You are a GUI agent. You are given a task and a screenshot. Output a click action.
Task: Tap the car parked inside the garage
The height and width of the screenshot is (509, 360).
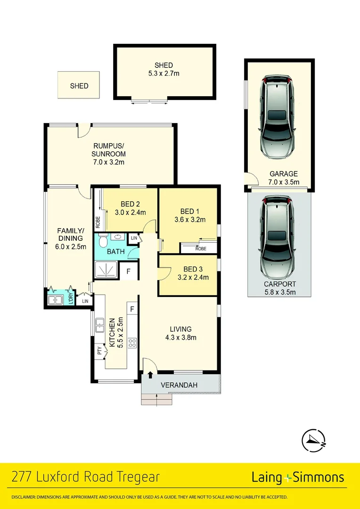tap(278, 118)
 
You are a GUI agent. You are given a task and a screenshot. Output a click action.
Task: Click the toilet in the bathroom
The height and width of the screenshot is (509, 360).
tap(102, 239)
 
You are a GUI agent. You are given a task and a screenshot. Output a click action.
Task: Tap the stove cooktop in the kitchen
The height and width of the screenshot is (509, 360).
tap(132, 343)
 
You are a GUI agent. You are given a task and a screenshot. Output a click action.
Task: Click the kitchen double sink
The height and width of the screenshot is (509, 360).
tap(99, 325)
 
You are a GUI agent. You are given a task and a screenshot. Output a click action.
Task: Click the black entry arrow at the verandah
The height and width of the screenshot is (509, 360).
tap(150, 375)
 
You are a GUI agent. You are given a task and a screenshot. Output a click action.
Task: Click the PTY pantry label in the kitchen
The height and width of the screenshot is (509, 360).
tap(100, 351)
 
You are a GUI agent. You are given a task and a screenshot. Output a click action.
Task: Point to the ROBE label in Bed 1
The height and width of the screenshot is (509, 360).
tap(201, 248)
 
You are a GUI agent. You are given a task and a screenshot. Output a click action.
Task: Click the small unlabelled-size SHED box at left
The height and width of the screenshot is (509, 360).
tap(79, 85)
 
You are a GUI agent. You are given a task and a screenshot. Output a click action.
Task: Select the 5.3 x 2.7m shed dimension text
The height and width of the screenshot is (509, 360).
tap(164, 74)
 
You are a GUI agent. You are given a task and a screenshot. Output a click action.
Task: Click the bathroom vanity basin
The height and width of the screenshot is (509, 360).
tap(116, 238)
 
